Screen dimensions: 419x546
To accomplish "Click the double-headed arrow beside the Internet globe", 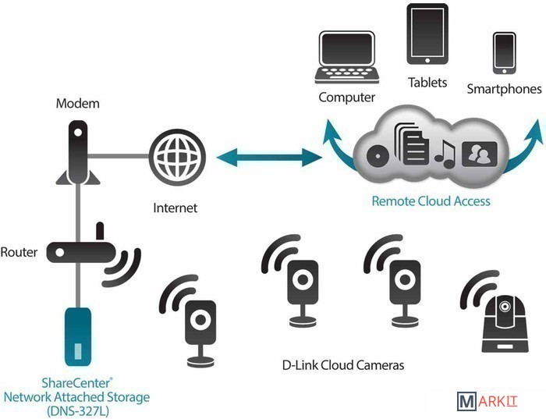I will (270, 158).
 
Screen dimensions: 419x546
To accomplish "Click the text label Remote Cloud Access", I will (431, 201).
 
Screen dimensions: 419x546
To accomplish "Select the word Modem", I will (77, 103).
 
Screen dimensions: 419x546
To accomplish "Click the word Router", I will (19, 252).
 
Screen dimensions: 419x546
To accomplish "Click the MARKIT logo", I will (488, 402).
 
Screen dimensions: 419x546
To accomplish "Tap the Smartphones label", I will (504, 89).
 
